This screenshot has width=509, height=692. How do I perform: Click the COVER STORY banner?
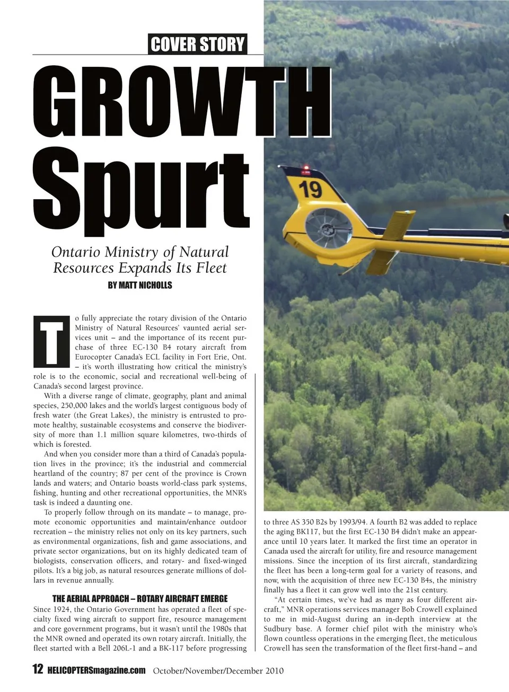[198, 44]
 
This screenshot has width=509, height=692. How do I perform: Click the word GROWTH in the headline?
[181, 103]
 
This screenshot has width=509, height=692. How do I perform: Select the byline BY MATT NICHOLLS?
[140, 285]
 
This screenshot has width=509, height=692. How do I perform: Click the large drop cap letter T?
[52, 341]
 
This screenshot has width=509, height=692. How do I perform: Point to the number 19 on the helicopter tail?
[310, 189]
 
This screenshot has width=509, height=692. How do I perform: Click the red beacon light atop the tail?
[305, 169]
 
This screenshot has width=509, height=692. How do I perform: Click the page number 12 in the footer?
[38, 669]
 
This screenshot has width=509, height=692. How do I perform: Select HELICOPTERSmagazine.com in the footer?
[96, 670]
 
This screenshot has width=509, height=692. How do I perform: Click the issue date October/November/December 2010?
[218, 671]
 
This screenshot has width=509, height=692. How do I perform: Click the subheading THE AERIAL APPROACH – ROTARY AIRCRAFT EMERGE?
[140, 599]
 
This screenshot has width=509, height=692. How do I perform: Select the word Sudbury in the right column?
[279, 629]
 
